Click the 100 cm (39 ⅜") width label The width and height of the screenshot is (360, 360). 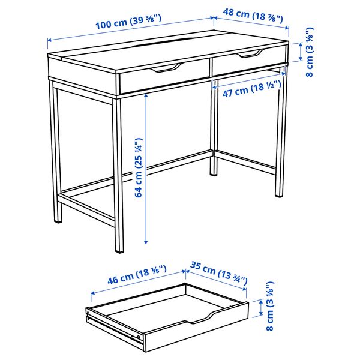130,26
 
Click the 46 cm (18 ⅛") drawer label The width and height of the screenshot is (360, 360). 128,278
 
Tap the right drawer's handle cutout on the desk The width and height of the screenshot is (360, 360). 249,56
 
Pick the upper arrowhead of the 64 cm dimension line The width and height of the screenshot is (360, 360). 146,96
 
